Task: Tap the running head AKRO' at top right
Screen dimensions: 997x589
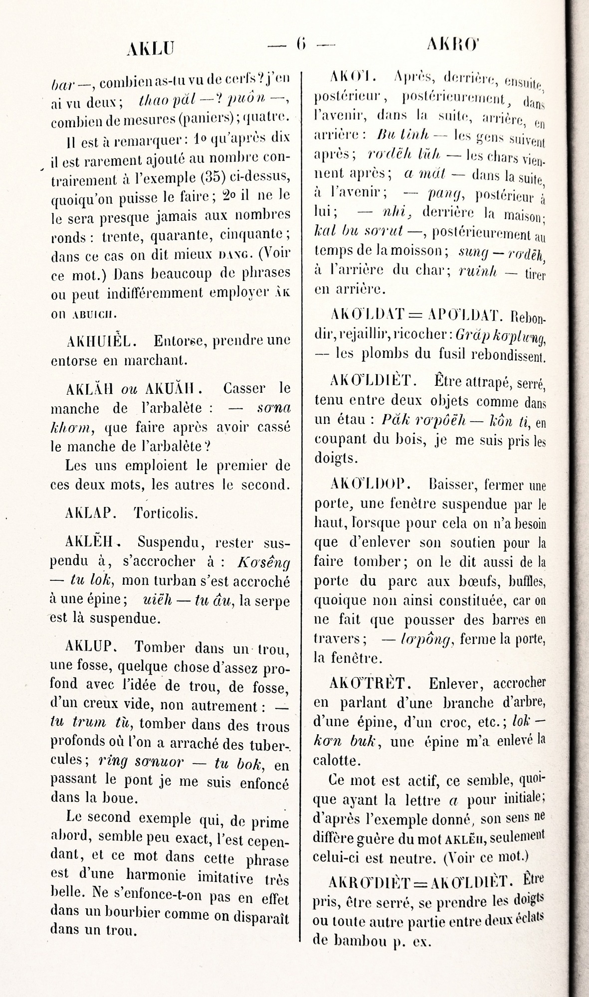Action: pyautogui.click(x=452, y=46)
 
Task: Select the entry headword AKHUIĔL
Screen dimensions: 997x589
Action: pyautogui.click(x=98, y=340)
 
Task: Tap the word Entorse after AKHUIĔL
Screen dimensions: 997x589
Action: pyautogui.click(x=176, y=340)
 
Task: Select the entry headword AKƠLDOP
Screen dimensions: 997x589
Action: pyautogui.click(x=370, y=484)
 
